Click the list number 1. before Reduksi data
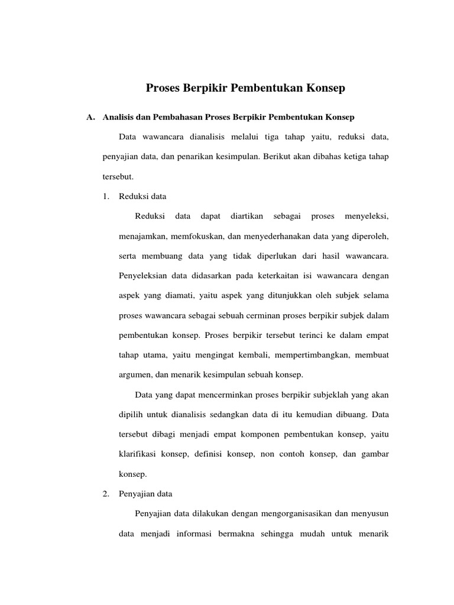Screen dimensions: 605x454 coord(106,196)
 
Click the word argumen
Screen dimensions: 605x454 coord(135,375)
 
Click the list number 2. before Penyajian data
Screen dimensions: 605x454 coord(106,493)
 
